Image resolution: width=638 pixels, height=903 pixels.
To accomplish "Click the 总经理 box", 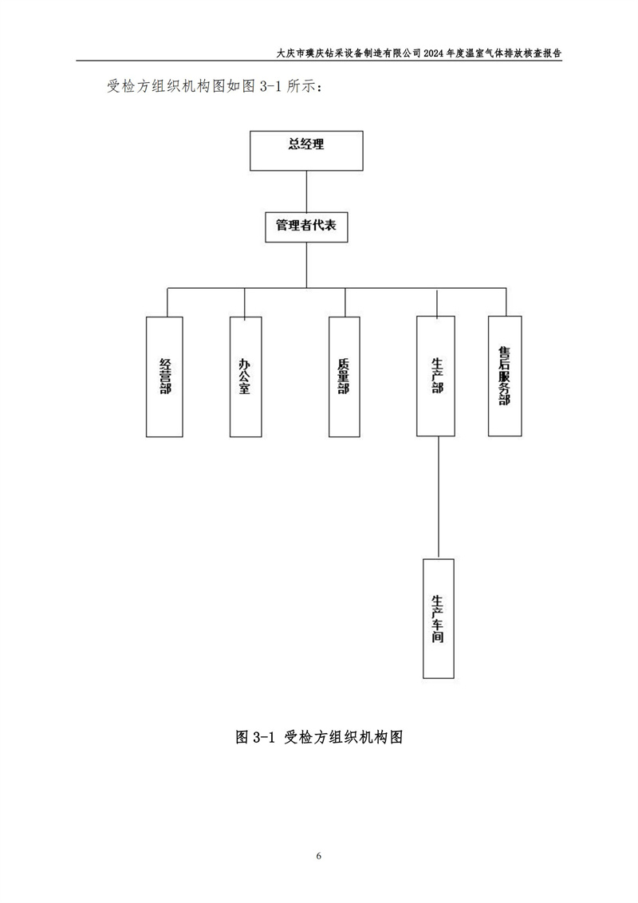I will point(306,151).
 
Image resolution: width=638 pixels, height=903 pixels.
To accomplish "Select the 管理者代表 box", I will point(306,227).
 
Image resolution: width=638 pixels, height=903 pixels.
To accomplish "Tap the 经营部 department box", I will point(165,377).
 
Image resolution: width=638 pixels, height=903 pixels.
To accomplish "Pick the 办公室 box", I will point(245,377).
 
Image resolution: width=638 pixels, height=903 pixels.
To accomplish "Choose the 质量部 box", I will point(344,377).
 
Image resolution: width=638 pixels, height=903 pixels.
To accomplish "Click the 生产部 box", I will point(436,376).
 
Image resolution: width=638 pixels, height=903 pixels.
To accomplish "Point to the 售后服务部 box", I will point(505,376).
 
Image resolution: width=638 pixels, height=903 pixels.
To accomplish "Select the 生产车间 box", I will point(438,618).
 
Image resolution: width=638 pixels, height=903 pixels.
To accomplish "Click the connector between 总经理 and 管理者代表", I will point(306,191).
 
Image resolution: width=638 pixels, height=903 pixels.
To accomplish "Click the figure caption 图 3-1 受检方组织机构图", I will point(319,737).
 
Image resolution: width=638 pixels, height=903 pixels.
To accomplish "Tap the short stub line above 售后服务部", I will point(506,302).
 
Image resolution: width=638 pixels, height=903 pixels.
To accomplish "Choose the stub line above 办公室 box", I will point(245,302).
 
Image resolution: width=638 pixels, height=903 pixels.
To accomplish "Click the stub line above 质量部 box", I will point(345,302).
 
